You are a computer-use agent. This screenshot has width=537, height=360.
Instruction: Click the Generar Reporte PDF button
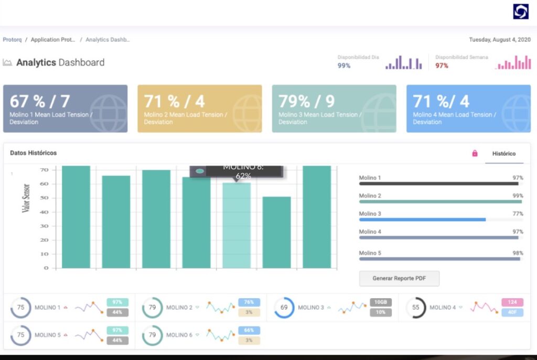[399, 279]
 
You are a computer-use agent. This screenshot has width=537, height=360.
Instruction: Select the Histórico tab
[503, 154]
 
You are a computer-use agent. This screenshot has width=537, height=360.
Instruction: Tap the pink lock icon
[475, 154]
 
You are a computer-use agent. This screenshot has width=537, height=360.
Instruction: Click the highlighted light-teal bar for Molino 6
[237, 225]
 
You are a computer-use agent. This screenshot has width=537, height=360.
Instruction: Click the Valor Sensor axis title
[25, 198]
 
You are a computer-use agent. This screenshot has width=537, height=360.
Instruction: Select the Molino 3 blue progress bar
[422, 220]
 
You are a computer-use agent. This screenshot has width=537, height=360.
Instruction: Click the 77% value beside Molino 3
[518, 214]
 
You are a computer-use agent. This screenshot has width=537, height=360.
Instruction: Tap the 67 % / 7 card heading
[40, 101]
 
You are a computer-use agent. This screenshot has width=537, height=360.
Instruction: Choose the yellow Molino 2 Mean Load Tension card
[199, 108]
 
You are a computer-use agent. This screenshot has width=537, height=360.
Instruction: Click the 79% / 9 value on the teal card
[306, 101]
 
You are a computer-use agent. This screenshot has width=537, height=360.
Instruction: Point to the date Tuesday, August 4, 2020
[499, 40]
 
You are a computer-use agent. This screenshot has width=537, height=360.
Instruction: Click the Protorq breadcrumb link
[12, 40]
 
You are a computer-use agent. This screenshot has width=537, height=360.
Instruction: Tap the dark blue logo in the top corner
[520, 12]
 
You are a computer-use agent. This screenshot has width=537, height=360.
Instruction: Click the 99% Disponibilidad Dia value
[344, 66]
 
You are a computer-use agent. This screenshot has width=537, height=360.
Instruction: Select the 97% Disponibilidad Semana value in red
[442, 66]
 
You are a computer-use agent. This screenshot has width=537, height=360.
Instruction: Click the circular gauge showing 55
[416, 308]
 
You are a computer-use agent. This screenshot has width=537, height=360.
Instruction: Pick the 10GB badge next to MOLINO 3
[380, 302]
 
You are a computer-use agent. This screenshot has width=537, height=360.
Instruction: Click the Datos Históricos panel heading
[34, 153]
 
